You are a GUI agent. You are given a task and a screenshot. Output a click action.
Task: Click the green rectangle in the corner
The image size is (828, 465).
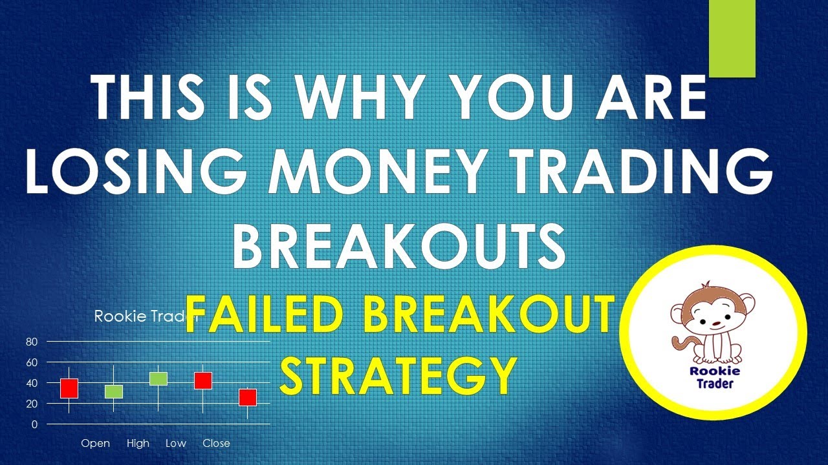coord(732,39)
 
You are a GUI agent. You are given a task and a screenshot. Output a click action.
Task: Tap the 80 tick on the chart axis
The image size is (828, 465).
coord(32,342)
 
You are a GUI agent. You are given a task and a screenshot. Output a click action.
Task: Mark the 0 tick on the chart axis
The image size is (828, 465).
coord(35,424)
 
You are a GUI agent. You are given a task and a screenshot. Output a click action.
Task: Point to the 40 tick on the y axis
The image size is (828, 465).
coord(32,383)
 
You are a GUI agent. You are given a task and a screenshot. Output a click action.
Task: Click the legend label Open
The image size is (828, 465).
coord(95,443)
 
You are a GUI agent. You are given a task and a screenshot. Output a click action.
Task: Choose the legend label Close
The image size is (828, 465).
coord(216,443)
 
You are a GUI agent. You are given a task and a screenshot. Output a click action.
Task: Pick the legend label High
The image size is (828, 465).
coord(138,443)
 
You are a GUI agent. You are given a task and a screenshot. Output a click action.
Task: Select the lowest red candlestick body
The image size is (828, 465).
coord(247,397)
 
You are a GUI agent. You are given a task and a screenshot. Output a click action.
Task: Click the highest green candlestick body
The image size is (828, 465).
coord(158,378)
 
